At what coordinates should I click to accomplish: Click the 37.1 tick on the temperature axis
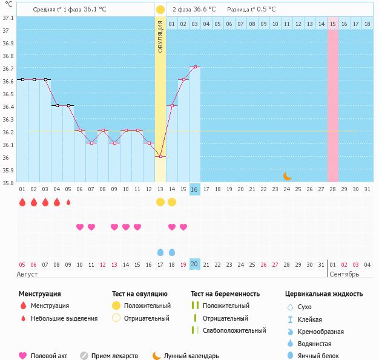coord(8,18)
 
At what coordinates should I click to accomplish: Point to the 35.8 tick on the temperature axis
coord(8,183)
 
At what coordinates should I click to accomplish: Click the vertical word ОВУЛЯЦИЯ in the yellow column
coord(160,36)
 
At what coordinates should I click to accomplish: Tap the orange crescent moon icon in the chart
coord(288,176)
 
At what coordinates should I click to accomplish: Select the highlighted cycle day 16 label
coord(194,189)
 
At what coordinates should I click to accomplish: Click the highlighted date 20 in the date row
coord(194,264)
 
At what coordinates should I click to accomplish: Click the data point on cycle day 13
coord(160,157)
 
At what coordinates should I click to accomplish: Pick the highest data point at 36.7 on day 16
coord(195,67)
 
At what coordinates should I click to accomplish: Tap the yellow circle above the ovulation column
coord(160,10)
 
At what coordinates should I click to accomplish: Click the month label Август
coord(28,274)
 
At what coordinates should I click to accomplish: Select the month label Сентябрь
coord(344,274)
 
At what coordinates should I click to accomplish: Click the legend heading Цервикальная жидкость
coord(324,294)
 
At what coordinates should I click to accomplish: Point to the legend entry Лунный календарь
coord(191,356)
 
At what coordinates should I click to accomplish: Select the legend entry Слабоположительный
coord(235,330)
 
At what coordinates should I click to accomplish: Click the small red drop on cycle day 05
coord(68,202)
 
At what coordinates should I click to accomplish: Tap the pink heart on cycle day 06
coord(80,227)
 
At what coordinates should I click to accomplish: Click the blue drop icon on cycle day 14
coord(172,252)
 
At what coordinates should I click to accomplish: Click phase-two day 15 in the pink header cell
coord(333,24)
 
